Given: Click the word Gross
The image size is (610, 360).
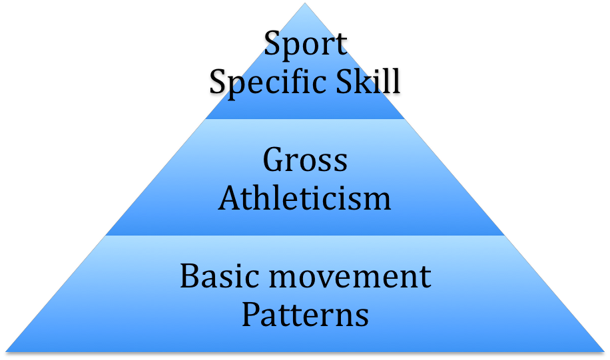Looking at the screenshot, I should pos(305,160).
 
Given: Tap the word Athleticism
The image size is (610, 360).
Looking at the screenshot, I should pos(305,198).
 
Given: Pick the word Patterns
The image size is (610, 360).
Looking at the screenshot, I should pos(305,314).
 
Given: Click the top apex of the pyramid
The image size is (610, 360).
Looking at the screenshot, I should pos(305,4).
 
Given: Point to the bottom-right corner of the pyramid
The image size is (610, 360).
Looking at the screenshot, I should pos(603,350).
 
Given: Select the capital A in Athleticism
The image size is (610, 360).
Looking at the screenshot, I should pos(229,198).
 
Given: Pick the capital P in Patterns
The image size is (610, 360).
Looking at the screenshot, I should pos(250,314).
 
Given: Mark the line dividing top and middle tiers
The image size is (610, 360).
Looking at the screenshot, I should pos(305,119).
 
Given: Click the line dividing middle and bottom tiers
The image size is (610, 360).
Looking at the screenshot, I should pos(305,236).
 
